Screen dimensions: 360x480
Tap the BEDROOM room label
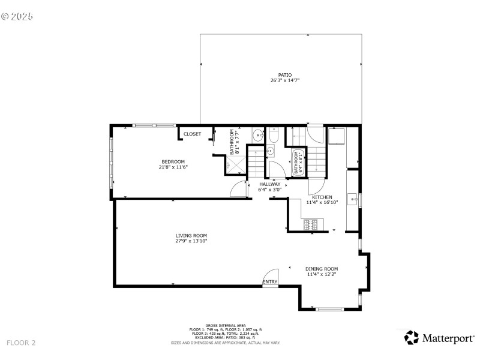(x=174, y=161)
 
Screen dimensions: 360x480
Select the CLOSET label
(x=192, y=134)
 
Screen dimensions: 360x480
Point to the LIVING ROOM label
(x=191, y=235)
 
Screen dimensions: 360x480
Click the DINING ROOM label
(x=322, y=269)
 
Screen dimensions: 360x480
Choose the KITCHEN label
(x=322, y=197)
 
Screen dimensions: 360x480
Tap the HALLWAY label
(x=269, y=184)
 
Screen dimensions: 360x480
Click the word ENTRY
(x=270, y=282)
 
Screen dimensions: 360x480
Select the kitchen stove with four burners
(x=311, y=225)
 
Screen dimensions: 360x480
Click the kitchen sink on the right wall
(x=353, y=199)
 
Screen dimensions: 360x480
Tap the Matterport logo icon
(x=412, y=337)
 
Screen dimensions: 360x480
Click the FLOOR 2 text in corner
(x=21, y=343)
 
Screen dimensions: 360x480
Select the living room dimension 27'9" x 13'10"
(x=191, y=241)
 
